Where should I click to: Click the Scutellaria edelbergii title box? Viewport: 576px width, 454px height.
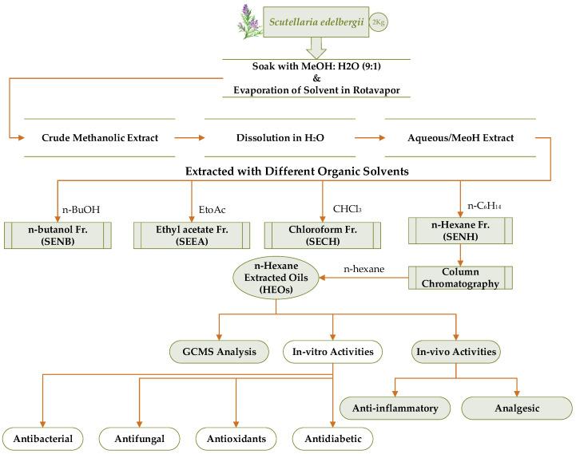(316, 22)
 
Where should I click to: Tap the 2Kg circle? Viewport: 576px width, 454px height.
(378, 22)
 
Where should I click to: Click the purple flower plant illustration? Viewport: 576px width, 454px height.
(250, 22)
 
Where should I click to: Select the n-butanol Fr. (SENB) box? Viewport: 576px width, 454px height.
(58, 235)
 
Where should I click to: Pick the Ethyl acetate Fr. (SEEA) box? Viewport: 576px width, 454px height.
(192, 235)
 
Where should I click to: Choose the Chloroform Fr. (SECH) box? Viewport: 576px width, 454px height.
(323, 235)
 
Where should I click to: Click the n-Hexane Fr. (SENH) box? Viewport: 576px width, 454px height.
(460, 231)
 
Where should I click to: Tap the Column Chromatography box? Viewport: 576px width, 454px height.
(460, 278)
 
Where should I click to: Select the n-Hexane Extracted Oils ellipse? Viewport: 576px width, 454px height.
(276, 278)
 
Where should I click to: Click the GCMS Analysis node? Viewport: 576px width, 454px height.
(219, 352)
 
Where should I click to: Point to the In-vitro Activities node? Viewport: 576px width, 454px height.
(333, 352)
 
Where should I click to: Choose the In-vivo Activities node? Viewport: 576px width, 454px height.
(456, 352)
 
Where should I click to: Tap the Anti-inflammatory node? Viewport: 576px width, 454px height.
(395, 409)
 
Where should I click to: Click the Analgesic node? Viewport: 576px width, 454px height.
(517, 409)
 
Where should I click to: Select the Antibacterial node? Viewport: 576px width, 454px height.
(43, 439)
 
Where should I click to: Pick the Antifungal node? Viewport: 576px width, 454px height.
(140, 439)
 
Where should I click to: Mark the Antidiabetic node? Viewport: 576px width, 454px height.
(333, 439)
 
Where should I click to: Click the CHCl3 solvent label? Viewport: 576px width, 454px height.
(348, 209)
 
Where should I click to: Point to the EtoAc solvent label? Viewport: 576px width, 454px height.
(212, 210)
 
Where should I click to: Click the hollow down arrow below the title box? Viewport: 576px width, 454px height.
(316, 48)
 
